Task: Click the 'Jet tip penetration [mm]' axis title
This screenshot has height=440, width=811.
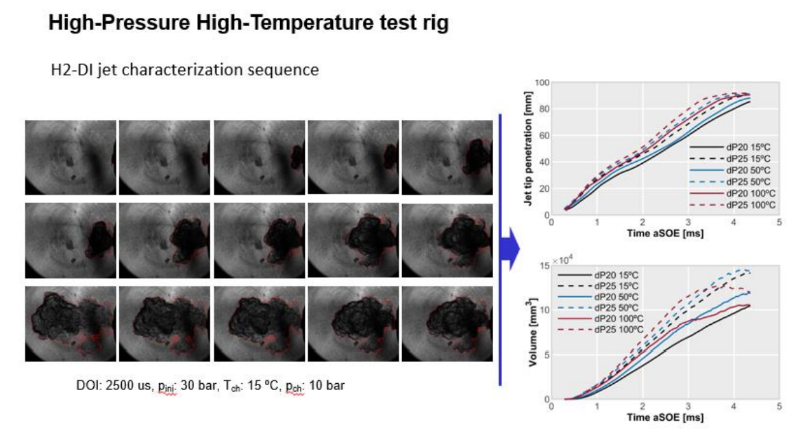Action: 528,149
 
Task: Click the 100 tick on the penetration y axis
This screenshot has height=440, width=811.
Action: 544,83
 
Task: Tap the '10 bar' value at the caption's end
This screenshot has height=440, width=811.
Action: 327,386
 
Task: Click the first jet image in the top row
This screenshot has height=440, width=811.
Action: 71,158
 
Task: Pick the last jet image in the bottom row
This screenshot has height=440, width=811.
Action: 447,324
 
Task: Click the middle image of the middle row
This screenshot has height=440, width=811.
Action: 259,241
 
